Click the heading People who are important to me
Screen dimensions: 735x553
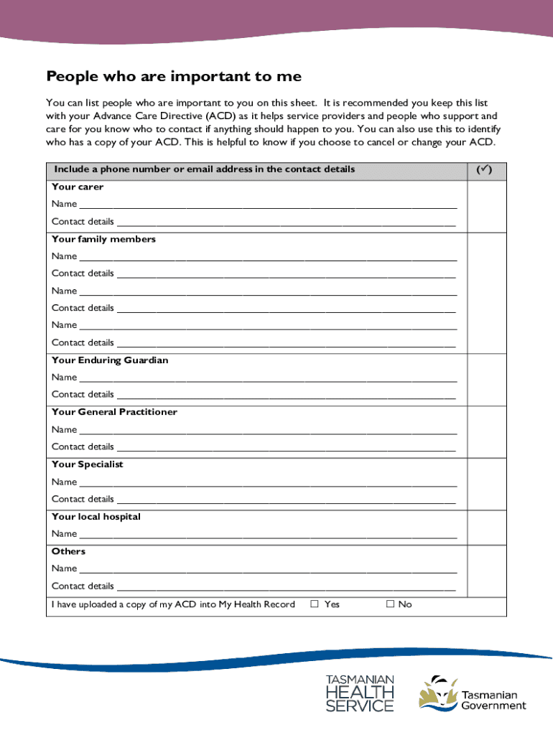pyautogui.click(x=174, y=77)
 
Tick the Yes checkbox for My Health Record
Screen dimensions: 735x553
pyautogui.click(x=315, y=604)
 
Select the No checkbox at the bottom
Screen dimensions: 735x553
pyautogui.click(x=391, y=604)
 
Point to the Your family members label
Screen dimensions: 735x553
pyautogui.click(x=103, y=239)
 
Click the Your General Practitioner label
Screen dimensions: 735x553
pyautogui.click(x=114, y=412)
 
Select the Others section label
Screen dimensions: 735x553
pyautogui.click(x=68, y=551)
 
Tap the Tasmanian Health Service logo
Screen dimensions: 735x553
pyautogui.click(x=360, y=693)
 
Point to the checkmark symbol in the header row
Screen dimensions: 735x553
pyautogui.click(x=486, y=170)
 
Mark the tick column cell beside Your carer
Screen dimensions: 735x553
pyautogui.click(x=486, y=206)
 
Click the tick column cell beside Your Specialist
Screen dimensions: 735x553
pyautogui.click(x=486, y=484)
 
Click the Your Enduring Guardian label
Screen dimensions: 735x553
pyautogui.click(x=110, y=360)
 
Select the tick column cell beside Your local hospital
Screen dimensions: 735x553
pyautogui.click(x=486, y=528)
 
